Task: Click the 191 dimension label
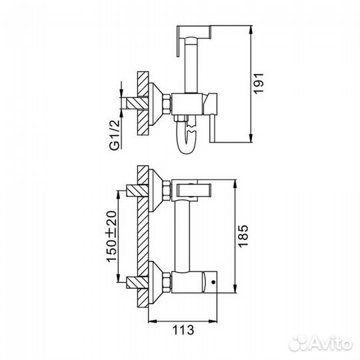point(258,83)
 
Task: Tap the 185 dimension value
point(243,236)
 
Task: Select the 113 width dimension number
point(183,330)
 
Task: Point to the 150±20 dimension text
point(112,237)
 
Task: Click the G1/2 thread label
point(115,135)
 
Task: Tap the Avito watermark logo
point(321,344)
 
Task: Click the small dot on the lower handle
point(213,282)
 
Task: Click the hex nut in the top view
point(167,104)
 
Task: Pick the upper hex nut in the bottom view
point(167,191)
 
